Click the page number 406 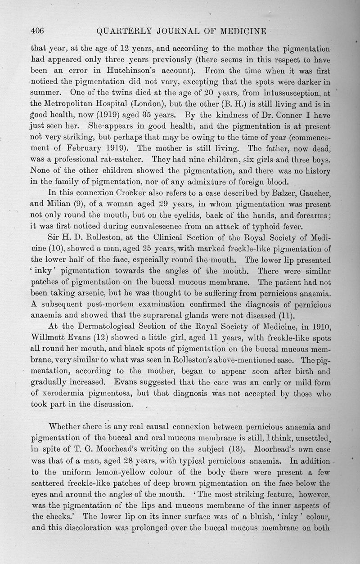pyautogui.click(x=36, y=31)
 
